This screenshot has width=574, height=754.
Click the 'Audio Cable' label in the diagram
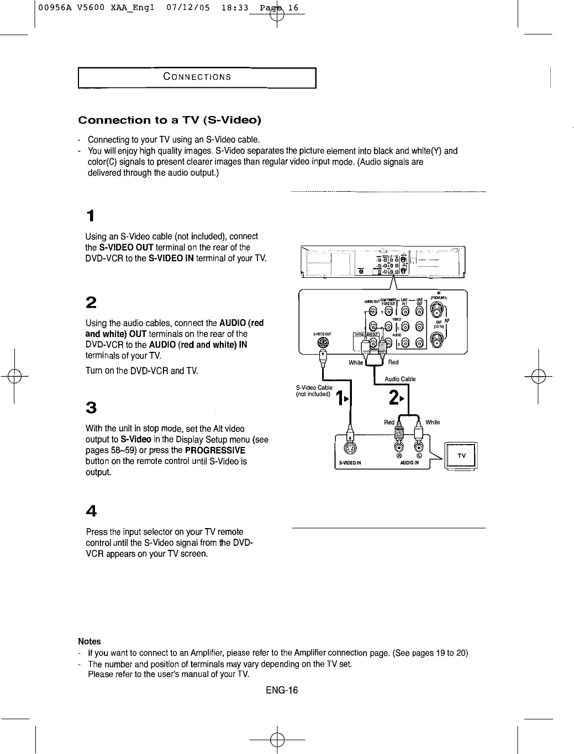tap(400, 379)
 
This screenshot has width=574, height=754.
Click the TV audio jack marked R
tap(398, 446)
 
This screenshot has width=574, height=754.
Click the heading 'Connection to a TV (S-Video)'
tap(170, 120)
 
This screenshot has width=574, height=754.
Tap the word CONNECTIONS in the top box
tap(197, 77)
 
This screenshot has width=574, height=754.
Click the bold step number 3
tap(91, 408)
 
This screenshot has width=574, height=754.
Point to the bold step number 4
tap(91, 512)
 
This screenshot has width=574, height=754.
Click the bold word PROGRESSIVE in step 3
tap(215, 450)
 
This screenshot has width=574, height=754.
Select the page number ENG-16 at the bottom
tap(281, 690)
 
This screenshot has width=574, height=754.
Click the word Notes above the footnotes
tap(89, 641)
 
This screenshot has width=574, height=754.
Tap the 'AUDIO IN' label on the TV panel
tap(410, 463)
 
